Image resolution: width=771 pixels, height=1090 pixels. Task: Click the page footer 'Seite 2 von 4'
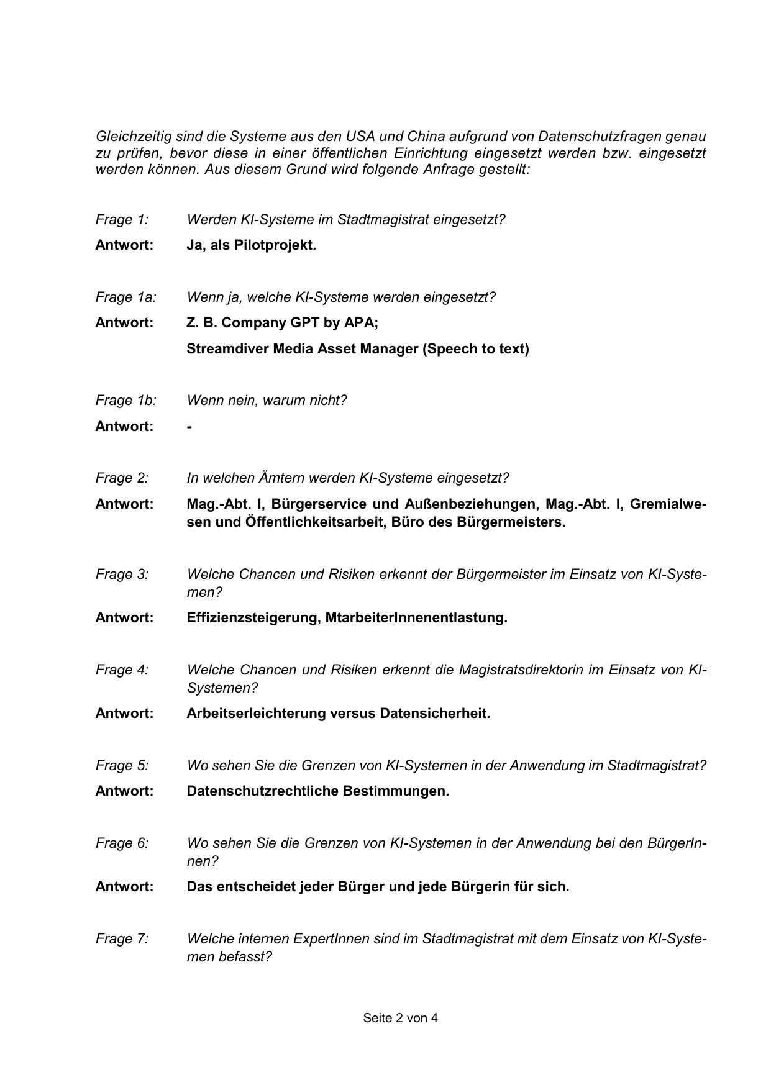coord(400,1018)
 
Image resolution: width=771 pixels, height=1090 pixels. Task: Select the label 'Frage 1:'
coord(122,220)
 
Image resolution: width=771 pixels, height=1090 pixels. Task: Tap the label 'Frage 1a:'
coord(125,297)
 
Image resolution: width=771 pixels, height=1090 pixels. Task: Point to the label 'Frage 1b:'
coord(125,401)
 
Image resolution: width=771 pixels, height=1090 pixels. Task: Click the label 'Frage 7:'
coord(122,939)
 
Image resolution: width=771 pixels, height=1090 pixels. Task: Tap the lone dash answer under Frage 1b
coord(189,427)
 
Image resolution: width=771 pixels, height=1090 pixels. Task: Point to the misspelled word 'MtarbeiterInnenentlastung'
coord(416,618)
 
